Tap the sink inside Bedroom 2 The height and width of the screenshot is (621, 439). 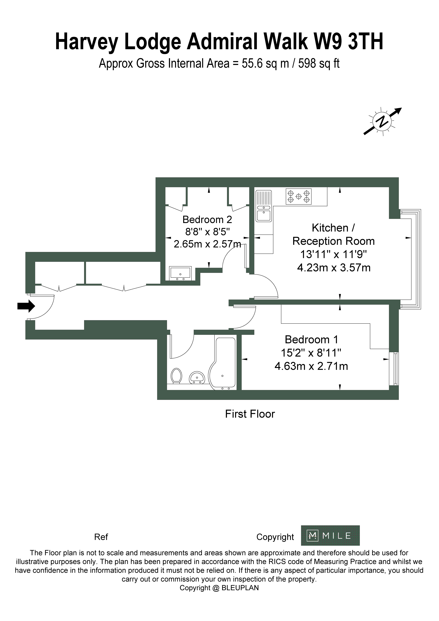(x=180, y=273)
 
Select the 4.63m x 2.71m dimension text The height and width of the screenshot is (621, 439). (x=311, y=366)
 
